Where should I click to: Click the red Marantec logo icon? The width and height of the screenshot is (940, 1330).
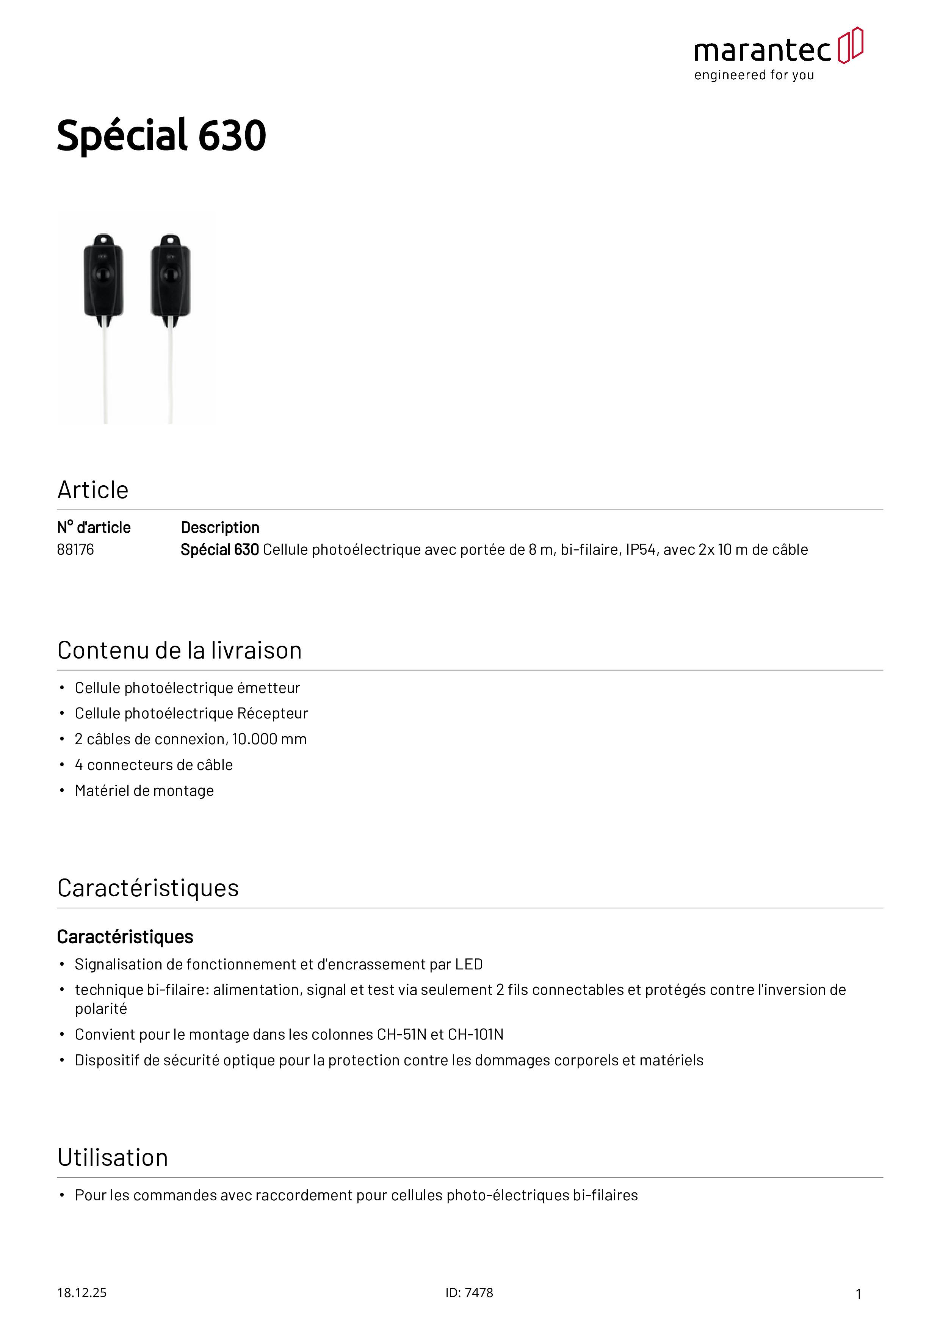(x=850, y=45)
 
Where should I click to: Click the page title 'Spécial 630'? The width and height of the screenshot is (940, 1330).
(x=161, y=136)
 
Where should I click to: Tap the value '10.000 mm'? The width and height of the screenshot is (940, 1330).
(x=269, y=739)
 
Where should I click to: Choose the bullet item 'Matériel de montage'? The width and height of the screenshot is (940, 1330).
(x=144, y=791)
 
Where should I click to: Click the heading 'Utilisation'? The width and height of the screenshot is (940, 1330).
(x=113, y=1157)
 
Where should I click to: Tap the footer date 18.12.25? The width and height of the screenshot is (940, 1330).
(x=81, y=1292)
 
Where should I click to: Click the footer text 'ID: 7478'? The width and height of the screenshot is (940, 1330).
(x=469, y=1292)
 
